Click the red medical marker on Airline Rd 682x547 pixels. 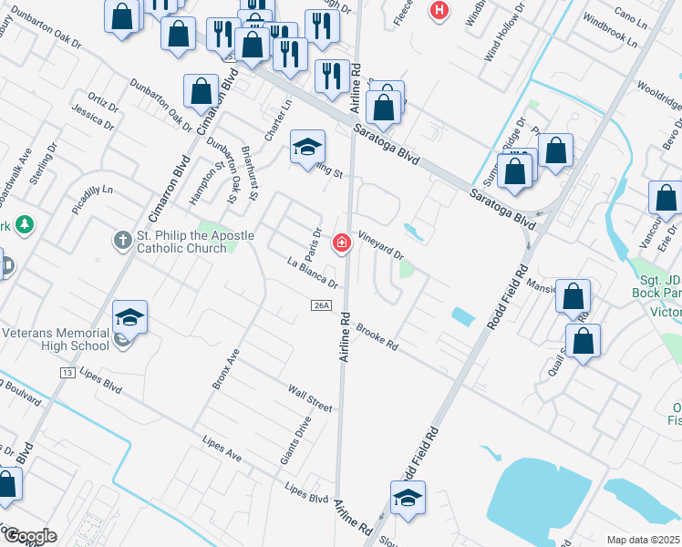342,243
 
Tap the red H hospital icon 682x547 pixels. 439,11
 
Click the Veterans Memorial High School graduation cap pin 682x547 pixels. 129,317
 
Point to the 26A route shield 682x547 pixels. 319,304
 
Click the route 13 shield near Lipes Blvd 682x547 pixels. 67,374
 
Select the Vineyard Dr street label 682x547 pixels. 380,243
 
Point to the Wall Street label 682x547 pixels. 311,397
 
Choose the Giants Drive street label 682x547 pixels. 296,439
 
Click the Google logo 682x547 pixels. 29,536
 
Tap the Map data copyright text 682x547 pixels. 644,540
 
